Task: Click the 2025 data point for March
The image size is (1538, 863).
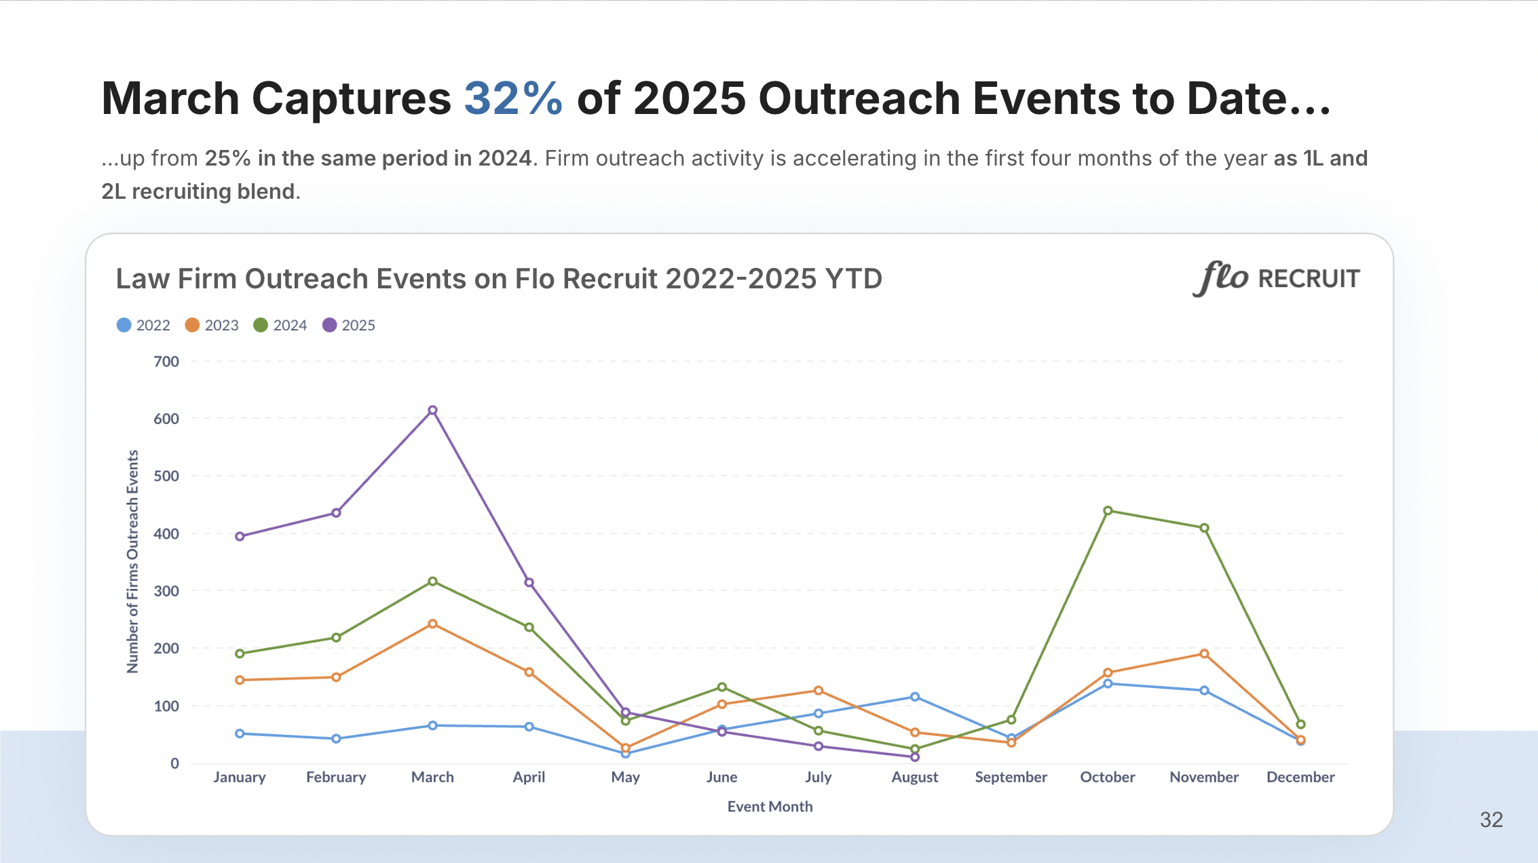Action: coord(432,410)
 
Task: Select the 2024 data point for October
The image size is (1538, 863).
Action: coord(1108,511)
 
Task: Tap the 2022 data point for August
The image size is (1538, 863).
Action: coord(915,697)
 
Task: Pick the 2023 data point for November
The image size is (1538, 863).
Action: coord(1204,654)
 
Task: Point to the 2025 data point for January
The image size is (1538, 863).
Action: coord(240,537)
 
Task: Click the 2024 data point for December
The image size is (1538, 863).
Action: coord(1300,725)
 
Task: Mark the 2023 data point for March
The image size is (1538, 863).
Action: coord(432,624)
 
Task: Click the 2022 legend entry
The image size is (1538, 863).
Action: coord(143,326)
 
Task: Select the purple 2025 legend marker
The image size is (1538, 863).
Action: coord(329,326)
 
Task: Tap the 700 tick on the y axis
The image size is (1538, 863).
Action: coord(166,362)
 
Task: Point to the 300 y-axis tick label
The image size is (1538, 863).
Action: coord(166,591)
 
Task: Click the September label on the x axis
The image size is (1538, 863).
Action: coord(1011,778)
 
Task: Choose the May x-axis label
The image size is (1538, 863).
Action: coord(625,778)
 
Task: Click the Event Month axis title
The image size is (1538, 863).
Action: coord(770,807)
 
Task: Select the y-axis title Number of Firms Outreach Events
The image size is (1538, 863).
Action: coord(132,562)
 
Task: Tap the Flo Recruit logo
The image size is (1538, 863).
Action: coord(1276,279)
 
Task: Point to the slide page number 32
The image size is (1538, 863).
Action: coord(1491,820)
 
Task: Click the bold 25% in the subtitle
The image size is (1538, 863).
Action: coord(227,159)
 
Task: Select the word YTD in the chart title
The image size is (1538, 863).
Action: coord(853,279)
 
